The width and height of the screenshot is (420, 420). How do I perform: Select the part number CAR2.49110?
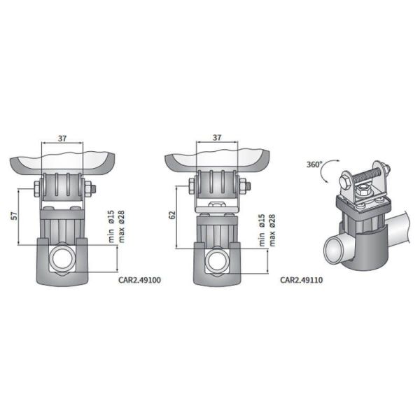[301, 279]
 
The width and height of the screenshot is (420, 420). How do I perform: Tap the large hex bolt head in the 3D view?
[345, 183]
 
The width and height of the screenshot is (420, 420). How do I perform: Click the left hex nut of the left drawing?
[36, 187]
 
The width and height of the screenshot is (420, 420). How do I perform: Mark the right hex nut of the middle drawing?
[244, 186]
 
